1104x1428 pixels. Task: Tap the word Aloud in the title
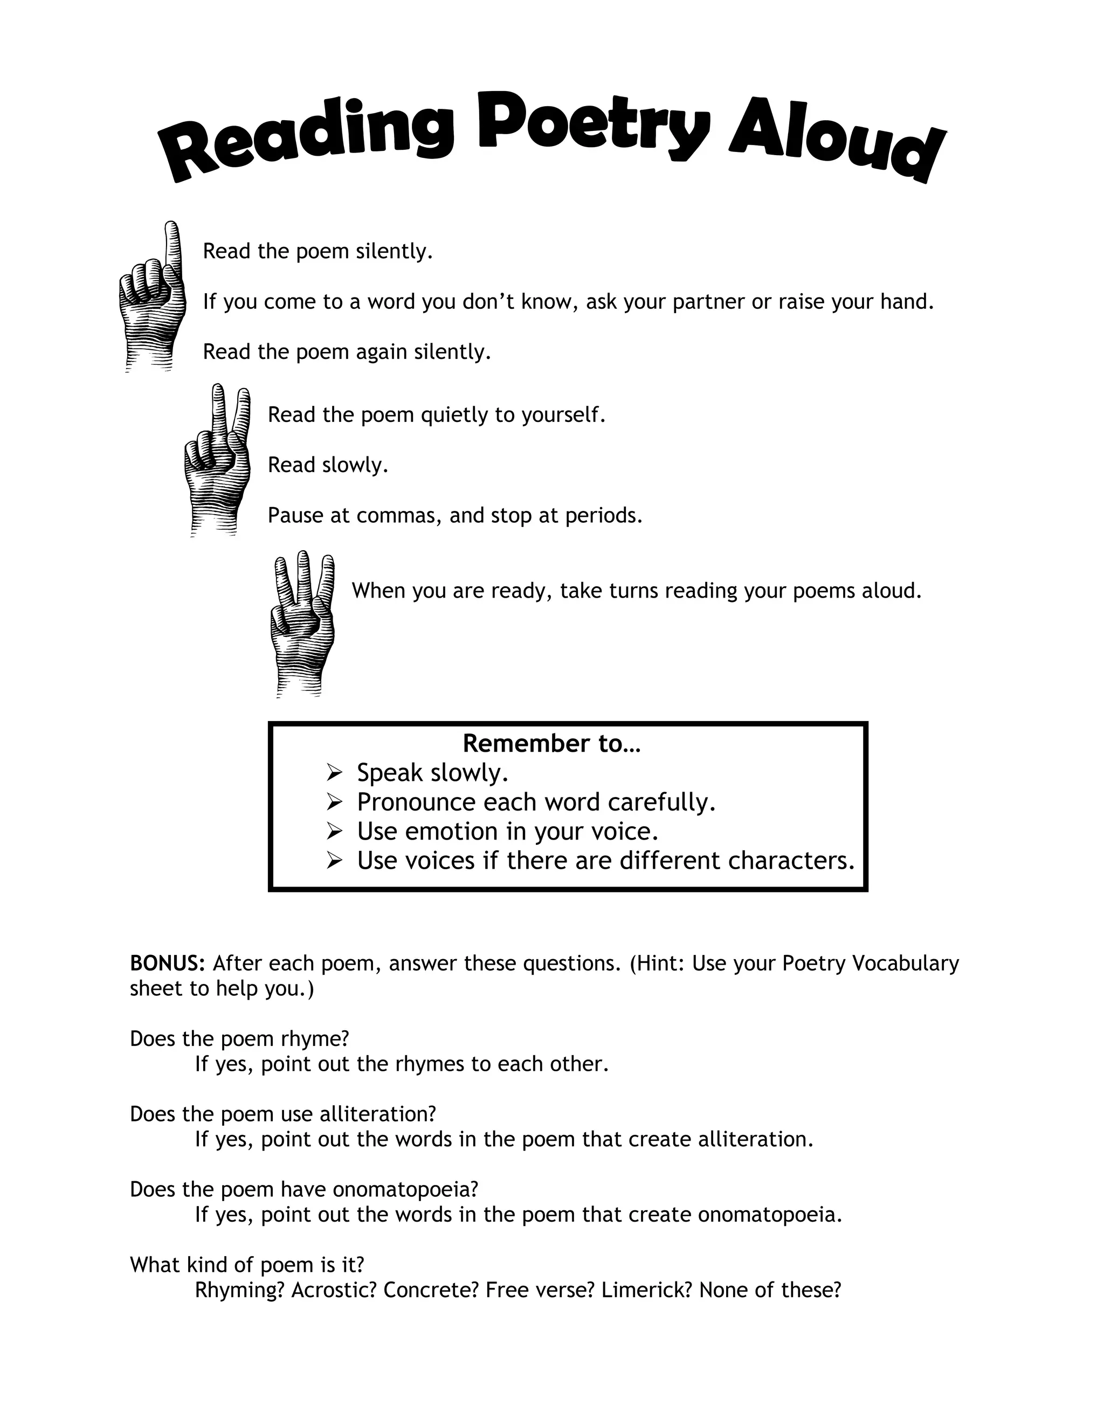(x=837, y=145)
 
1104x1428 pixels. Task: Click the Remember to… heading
(x=551, y=744)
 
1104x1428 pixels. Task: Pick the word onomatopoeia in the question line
(x=405, y=1189)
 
